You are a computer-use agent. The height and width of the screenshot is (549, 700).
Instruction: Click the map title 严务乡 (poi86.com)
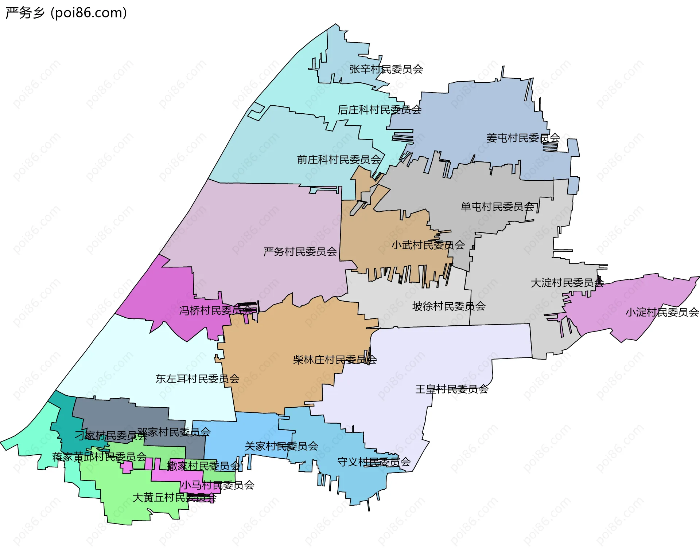[x=66, y=13]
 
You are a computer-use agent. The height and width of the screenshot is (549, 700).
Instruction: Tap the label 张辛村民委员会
[x=386, y=69]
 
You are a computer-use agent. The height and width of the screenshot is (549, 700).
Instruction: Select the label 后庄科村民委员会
[x=379, y=110]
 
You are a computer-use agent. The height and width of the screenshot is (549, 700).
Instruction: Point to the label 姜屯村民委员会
[x=523, y=138]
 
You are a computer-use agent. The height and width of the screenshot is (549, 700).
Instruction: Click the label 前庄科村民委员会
[x=339, y=160]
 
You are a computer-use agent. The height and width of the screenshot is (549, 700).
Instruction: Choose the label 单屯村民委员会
[x=497, y=207]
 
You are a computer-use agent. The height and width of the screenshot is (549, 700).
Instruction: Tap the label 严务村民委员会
[x=300, y=252]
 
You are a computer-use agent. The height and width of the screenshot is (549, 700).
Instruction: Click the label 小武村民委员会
[x=428, y=245]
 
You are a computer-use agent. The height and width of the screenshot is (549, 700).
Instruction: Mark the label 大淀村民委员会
[x=567, y=283]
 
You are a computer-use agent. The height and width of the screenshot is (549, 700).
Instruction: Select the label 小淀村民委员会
[x=662, y=312]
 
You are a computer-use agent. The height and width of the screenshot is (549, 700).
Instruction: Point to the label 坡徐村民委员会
[x=448, y=306]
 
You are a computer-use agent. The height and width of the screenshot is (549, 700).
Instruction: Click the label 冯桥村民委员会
[x=215, y=310]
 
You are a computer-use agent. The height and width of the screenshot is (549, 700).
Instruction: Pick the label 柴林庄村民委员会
[x=334, y=360]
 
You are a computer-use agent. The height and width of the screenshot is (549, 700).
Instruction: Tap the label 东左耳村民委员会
[x=197, y=379]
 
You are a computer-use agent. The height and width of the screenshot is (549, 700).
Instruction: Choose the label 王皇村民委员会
[x=452, y=389]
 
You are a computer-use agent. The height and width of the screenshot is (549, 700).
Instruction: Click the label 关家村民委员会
[x=281, y=446]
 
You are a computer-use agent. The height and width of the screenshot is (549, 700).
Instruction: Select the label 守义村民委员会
[x=374, y=462]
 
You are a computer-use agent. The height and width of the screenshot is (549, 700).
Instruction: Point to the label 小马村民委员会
[x=217, y=485]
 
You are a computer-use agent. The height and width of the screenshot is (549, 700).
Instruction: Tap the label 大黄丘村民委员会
[x=174, y=498]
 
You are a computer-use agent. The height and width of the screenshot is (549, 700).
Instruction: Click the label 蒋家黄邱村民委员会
[x=99, y=457]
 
